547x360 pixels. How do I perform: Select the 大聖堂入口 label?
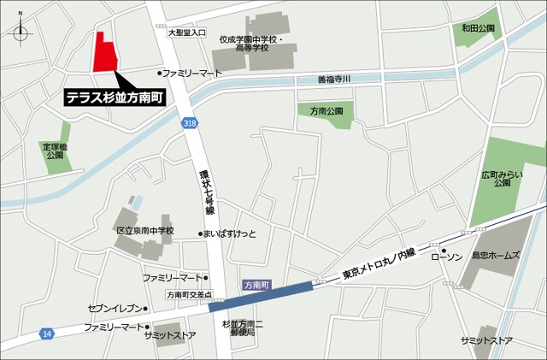[186, 32]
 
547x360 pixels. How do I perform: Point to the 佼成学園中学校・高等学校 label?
[249, 44]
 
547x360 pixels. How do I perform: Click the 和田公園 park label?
[479, 29]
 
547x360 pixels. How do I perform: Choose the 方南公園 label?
[326, 111]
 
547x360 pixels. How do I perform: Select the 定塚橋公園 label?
[55, 151]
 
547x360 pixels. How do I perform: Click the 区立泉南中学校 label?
[144, 231]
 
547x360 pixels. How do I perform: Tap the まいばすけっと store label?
[230, 233]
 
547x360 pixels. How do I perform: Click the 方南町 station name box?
[255, 284]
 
